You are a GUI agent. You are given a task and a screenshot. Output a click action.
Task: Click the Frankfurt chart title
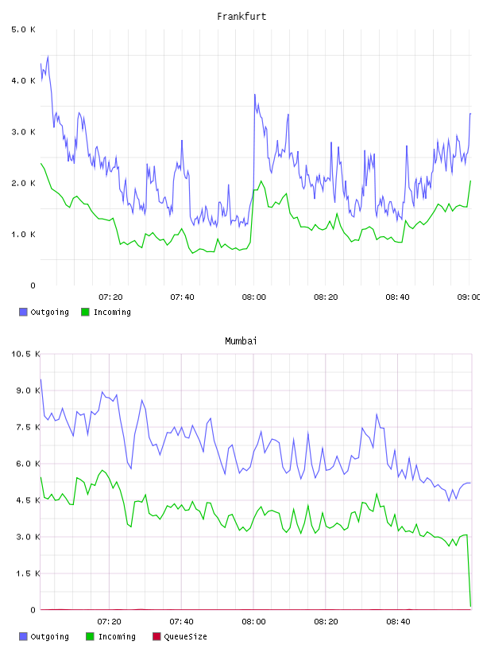[241, 17]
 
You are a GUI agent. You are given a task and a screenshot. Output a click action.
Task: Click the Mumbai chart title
[241, 341]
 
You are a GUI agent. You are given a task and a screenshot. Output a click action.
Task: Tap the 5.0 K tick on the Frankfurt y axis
[23, 29]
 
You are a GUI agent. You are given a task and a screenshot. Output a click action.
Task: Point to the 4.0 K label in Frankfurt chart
[23, 80]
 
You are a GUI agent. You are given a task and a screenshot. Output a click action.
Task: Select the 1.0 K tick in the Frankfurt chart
[23, 235]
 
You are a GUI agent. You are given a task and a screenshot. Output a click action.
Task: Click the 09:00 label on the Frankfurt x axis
[469, 297]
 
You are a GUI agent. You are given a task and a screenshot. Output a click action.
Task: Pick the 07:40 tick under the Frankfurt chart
[182, 297]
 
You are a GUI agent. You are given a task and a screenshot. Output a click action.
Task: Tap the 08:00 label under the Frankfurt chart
[254, 297]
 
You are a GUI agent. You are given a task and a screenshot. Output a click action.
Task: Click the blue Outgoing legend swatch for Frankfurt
[23, 312]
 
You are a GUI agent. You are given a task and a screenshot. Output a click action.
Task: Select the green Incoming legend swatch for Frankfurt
[85, 312]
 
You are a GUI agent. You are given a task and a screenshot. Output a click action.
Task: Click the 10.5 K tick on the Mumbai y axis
[25, 354]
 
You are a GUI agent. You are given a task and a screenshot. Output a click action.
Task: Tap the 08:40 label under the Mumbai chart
[398, 622]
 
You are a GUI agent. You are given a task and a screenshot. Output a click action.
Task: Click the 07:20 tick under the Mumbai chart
[109, 622]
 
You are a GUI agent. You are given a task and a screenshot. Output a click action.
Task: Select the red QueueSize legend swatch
[156, 636]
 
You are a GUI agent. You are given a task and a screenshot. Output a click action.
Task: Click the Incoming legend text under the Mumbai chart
[117, 637]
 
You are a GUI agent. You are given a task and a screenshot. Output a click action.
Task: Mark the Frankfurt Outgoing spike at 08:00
[255, 95]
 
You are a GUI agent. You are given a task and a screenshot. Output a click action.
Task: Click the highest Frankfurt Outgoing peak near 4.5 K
[48, 56]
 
